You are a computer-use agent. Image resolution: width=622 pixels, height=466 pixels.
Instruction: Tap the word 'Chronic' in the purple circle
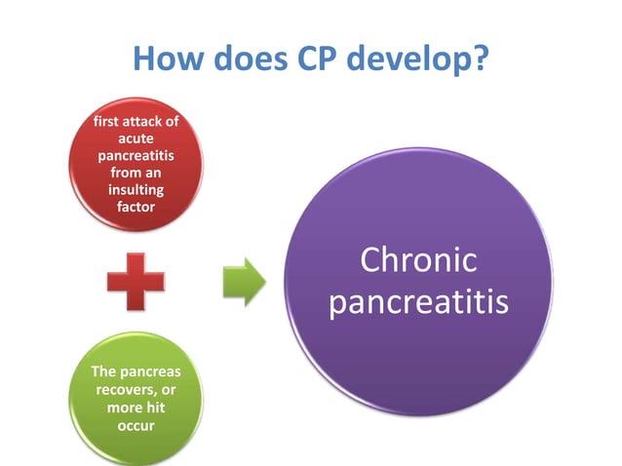[418, 260]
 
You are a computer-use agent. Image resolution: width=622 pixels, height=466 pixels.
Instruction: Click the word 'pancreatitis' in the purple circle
[418, 302]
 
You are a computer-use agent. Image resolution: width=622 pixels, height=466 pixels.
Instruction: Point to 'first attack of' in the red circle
[136, 122]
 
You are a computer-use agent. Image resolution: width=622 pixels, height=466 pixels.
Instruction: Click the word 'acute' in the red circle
[136, 138]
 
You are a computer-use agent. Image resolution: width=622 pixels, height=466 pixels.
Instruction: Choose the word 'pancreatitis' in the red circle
[136, 155]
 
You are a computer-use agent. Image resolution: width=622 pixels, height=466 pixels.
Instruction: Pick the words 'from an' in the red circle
[136, 173]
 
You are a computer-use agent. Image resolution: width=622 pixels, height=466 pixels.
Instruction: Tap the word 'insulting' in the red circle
[136, 189]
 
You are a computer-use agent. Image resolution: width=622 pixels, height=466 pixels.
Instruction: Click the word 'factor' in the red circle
[136, 206]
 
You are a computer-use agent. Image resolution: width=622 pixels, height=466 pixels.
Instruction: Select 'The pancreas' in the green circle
[136, 371]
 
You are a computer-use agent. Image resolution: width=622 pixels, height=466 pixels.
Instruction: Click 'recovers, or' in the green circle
[136, 389]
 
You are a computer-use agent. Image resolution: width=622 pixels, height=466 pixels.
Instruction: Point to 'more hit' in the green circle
[136, 406]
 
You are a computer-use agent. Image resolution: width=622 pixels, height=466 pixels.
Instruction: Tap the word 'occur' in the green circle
[136, 423]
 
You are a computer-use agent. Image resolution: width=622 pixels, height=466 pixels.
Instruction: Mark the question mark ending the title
[480, 59]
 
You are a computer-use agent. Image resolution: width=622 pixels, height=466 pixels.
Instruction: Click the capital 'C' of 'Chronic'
[371, 260]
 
